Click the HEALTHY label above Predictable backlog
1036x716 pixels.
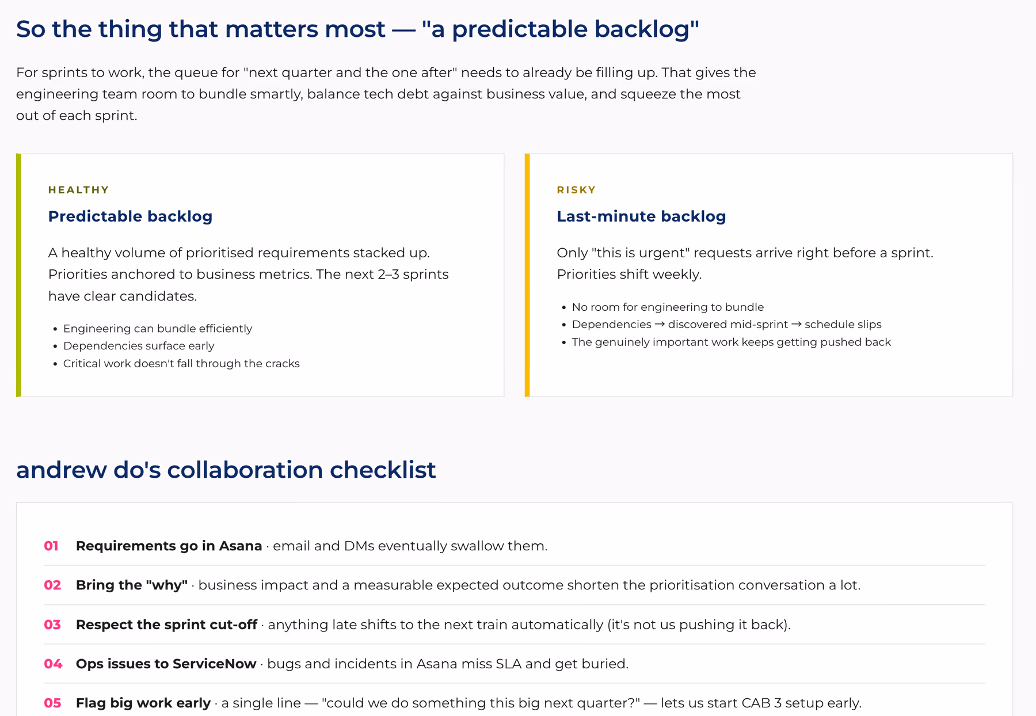pyautogui.click(x=78, y=190)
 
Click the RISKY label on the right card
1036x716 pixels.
pyautogui.click(x=576, y=190)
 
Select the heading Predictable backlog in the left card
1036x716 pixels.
pyautogui.click(x=130, y=216)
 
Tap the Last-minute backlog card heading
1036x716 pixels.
pyautogui.click(x=641, y=216)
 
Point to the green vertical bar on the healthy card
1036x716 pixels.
pyautogui.click(x=18, y=275)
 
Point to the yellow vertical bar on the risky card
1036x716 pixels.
pyautogui.click(x=527, y=275)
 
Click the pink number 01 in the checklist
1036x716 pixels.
pyautogui.click(x=51, y=546)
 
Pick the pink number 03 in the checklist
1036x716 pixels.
pyautogui.click(x=52, y=624)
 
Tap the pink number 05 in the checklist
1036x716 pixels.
pyautogui.click(x=52, y=703)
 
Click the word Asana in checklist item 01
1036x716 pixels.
pyautogui.click(x=240, y=546)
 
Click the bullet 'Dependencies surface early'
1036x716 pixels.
pyautogui.click(x=139, y=346)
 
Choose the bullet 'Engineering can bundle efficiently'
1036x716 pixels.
pyautogui.click(x=158, y=329)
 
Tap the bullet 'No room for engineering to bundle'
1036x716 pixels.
pyautogui.click(x=668, y=307)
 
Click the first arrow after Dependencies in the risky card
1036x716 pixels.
pyautogui.click(x=660, y=325)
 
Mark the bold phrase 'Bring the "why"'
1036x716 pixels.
pyautogui.click(x=132, y=585)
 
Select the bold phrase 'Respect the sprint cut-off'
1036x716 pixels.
pyautogui.click(x=166, y=624)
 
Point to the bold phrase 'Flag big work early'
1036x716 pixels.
pyautogui.click(x=143, y=703)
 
